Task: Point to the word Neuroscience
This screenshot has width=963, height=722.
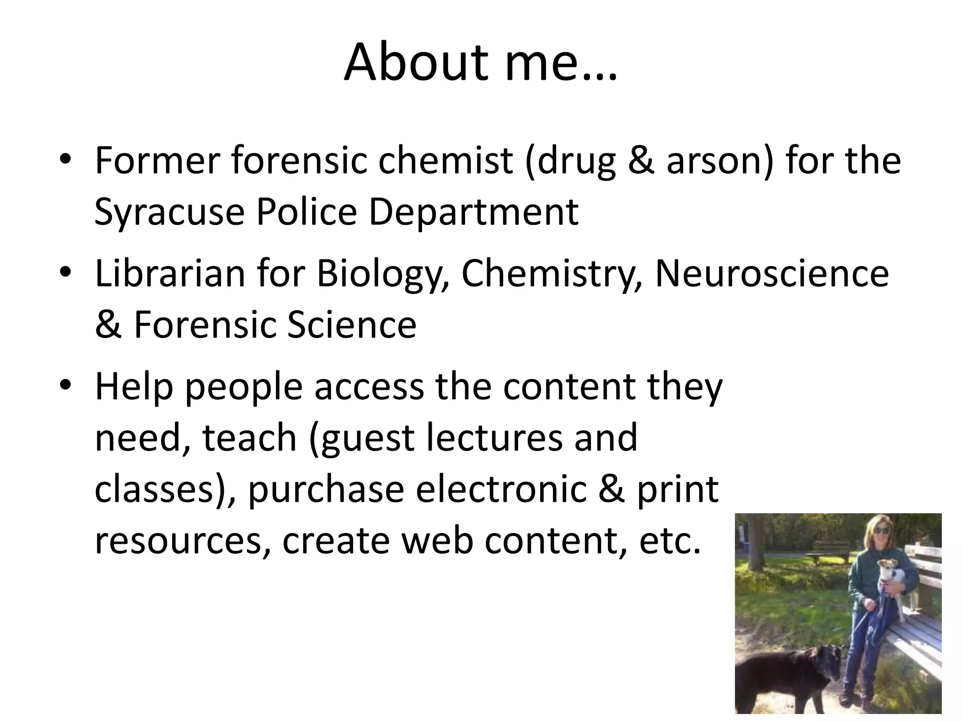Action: pos(772,274)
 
